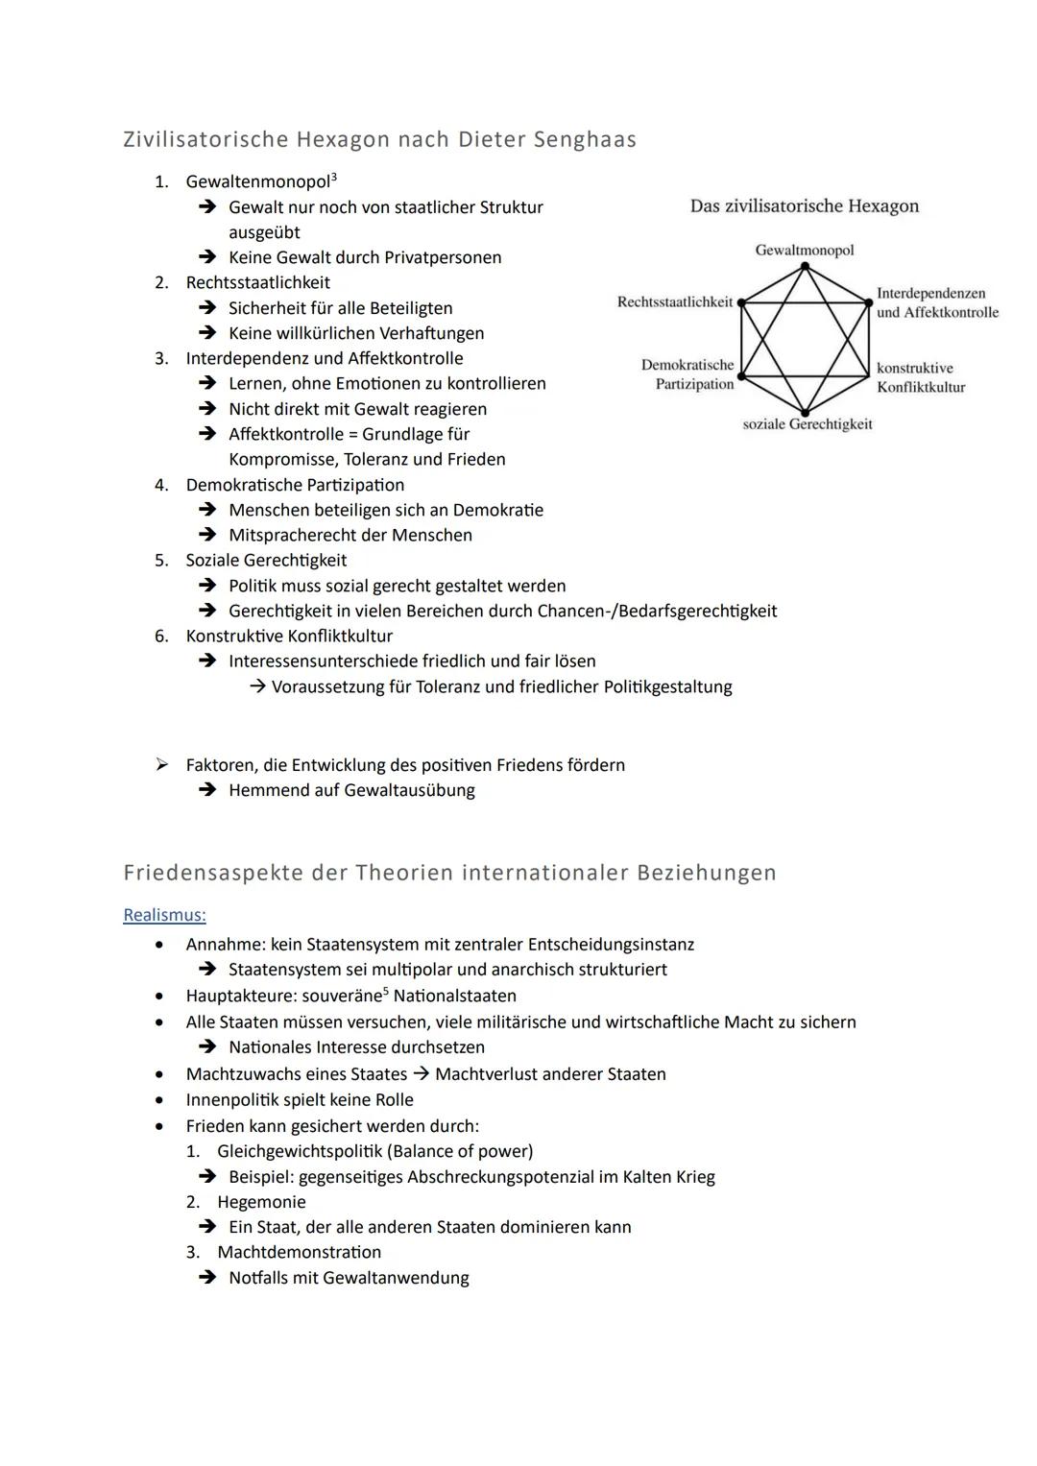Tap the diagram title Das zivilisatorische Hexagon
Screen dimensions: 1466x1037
coord(804,205)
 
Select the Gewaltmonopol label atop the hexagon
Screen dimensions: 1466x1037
coord(804,250)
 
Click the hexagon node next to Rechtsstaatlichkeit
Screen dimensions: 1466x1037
coord(740,301)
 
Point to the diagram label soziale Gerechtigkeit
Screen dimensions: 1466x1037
coord(807,423)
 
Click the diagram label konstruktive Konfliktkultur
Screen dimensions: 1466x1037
coord(920,377)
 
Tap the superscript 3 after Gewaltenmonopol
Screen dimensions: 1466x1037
coord(333,177)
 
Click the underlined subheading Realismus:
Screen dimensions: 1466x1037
coord(164,915)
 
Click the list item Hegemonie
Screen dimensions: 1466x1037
coord(261,1202)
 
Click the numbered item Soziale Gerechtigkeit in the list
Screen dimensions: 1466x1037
coord(266,560)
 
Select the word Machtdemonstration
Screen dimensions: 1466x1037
coord(299,1252)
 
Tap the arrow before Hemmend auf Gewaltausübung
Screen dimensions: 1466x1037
coord(206,790)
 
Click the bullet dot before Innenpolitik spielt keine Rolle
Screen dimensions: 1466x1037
coord(159,1100)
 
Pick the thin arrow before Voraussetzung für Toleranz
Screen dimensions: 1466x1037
coord(256,686)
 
